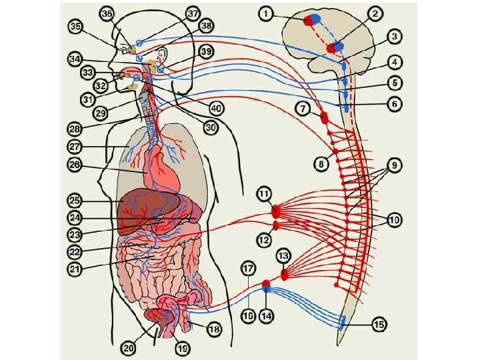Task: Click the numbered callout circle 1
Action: coord(266,13)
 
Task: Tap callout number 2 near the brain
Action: coord(376,13)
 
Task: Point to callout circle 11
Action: coord(265,194)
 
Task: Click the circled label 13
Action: coord(283,255)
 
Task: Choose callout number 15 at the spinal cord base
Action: coord(379,325)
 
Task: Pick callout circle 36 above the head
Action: coord(107,13)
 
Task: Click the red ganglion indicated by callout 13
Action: coord(285,273)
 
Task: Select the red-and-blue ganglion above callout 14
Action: coord(266,287)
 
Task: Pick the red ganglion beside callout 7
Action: coord(325,119)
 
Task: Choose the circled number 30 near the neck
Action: coord(211,127)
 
